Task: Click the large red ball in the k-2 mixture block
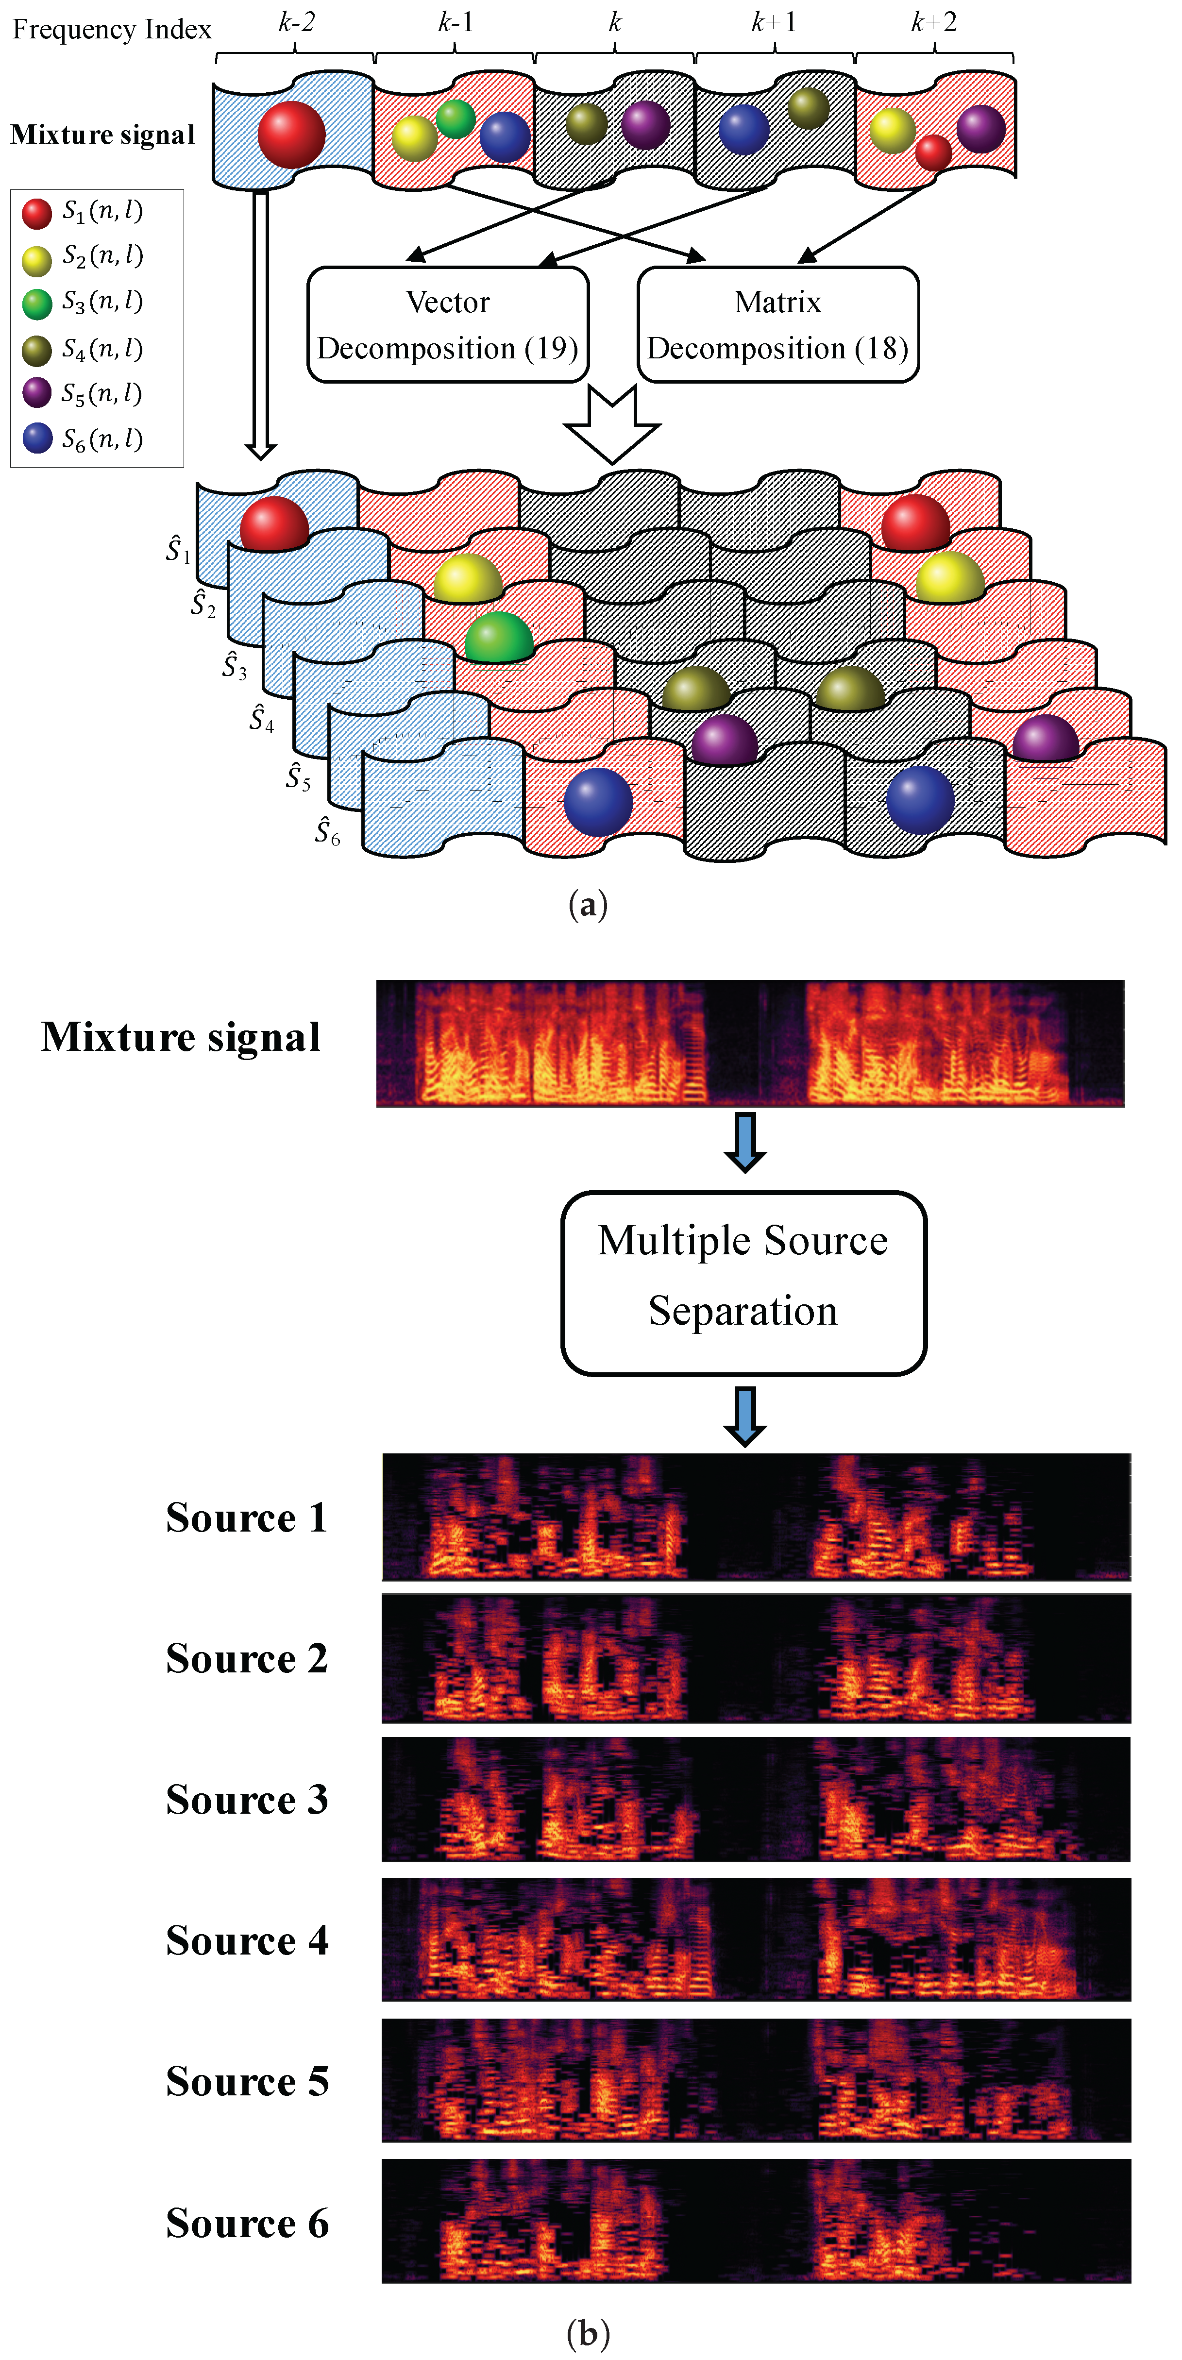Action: click(x=291, y=134)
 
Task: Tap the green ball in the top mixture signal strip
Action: click(x=456, y=119)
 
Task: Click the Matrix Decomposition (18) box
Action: click(x=778, y=324)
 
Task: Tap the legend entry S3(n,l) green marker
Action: click(x=36, y=303)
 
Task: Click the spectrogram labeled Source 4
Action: click(x=756, y=1939)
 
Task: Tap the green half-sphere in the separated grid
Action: click(x=498, y=638)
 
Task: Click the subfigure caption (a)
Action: click(x=587, y=905)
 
